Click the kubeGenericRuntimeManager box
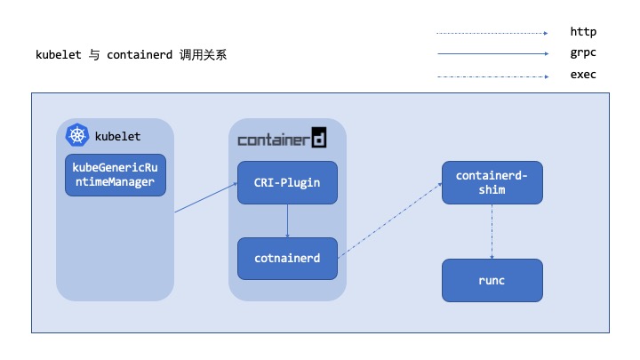pos(116,175)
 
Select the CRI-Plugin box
pos(287,182)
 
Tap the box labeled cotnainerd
pos(287,259)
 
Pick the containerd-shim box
pos(492,183)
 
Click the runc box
pos(492,280)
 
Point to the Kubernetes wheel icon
pos(77,136)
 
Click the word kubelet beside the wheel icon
pos(117,137)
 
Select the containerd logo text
pos(282,139)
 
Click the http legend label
pos(582,32)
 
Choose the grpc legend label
pos(582,53)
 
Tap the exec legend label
pos(582,75)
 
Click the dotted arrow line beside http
pos(492,33)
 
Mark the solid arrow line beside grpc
pos(492,54)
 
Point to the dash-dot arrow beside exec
pos(492,76)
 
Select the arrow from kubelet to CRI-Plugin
pos(206,197)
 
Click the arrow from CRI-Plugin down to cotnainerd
pos(287,220)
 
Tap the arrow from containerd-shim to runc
pos(492,231)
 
